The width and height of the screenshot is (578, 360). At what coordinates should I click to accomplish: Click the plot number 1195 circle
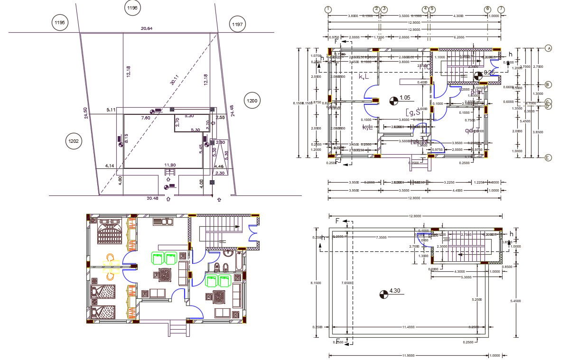[x=60, y=23]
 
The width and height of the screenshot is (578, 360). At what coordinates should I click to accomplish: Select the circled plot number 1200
[x=252, y=100]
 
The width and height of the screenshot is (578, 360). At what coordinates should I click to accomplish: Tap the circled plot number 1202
[x=73, y=141]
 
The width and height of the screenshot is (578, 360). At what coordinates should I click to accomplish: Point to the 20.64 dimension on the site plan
[x=147, y=28]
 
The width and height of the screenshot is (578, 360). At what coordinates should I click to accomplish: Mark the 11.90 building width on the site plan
[x=170, y=165]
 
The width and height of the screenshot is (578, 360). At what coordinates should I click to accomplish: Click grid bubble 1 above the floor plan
[x=328, y=9]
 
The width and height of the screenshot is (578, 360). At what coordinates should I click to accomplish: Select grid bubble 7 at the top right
[x=501, y=9]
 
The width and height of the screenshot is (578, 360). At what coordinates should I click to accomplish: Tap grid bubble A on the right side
[x=548, y=48]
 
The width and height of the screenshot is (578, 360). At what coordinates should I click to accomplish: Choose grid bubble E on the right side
[x=548, y=158]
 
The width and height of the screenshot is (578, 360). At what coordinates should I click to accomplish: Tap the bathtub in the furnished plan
[x=238, y=260]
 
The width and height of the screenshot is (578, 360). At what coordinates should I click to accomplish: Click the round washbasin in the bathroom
[x=227, y=252]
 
